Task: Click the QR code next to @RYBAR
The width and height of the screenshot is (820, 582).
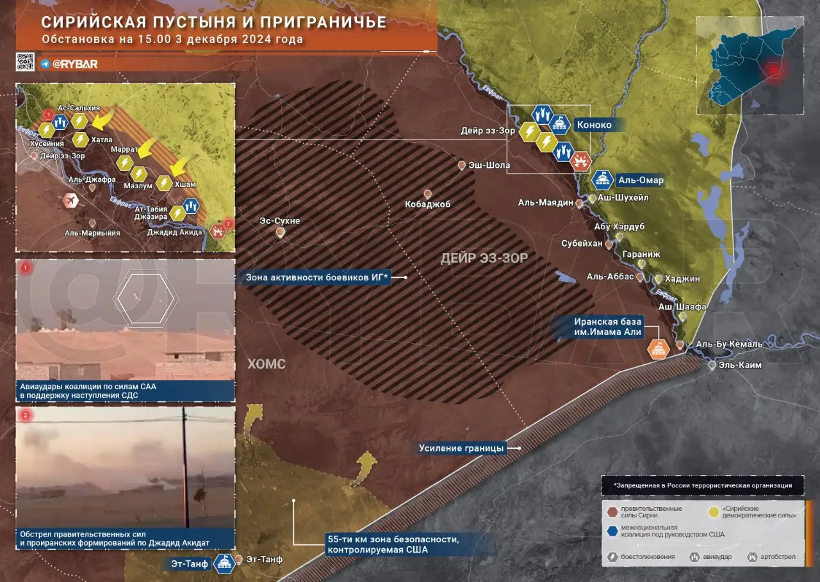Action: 25,61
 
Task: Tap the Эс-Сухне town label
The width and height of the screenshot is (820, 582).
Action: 279,221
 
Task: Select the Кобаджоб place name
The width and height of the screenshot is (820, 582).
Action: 428,204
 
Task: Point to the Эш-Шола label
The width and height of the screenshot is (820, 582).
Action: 489,165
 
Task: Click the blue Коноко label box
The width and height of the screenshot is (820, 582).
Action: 593,125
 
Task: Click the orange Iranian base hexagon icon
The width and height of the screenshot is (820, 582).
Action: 658,349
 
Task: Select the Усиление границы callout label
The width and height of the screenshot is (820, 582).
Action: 462,448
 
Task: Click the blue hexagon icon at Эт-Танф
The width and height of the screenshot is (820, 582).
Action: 224,563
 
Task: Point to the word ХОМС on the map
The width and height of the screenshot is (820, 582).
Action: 266,364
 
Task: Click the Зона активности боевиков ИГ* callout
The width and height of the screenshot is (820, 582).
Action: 317,277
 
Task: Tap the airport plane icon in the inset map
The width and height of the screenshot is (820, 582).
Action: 70,202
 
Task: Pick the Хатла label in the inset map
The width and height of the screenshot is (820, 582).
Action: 102,139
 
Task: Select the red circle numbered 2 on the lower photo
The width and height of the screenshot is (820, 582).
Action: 26,416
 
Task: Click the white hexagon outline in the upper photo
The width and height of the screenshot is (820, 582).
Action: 146,297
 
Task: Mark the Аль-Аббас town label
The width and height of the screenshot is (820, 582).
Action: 610,277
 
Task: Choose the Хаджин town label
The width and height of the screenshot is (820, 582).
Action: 682,279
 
